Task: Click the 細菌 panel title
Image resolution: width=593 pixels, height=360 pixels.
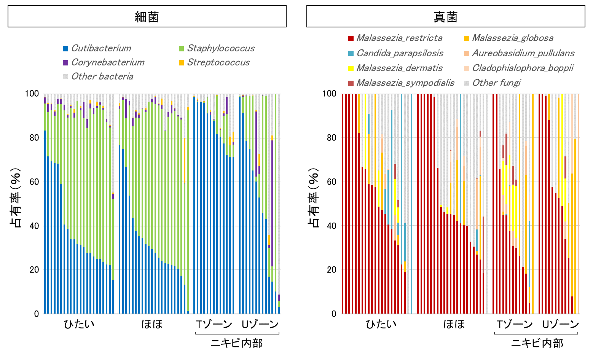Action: (x=147, y=17)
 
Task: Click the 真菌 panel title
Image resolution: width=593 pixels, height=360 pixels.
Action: (x=445, y=17)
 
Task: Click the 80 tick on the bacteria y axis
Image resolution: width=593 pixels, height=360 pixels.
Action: (x=34, y=138)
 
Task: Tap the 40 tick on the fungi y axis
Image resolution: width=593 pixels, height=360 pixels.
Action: (x=332, y=226)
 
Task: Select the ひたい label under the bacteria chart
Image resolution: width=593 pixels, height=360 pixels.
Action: (x=79, y=324)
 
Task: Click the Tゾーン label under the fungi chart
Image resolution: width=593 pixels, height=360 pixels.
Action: (x=515, y=324)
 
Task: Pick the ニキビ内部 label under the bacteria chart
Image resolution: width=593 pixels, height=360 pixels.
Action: (x=237, y=343)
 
